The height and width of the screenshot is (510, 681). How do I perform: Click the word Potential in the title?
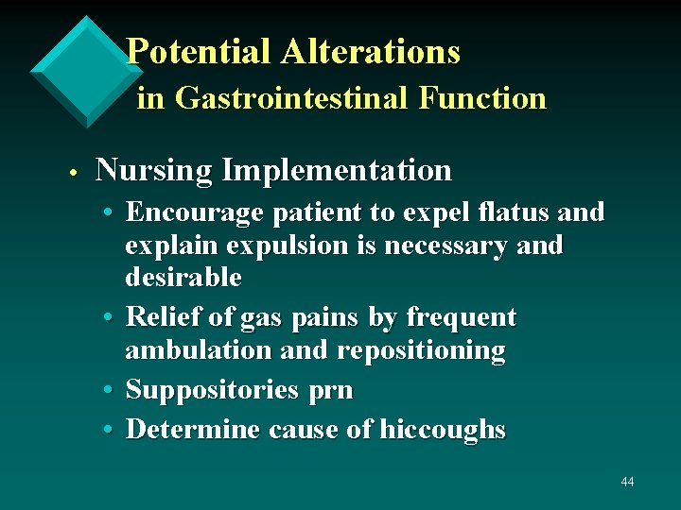tap(200, 52)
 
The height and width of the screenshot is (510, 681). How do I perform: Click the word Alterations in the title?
tap(371, 52)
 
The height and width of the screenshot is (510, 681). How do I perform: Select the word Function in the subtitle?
tap(488, 98)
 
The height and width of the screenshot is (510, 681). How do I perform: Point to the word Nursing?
tap(154, 171)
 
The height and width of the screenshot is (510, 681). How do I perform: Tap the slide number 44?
tap(627, 483)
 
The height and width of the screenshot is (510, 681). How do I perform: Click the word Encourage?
tap(197, 212)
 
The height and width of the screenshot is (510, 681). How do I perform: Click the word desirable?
tap(183, 279)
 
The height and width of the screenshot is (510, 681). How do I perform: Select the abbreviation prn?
tap(332, 390)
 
